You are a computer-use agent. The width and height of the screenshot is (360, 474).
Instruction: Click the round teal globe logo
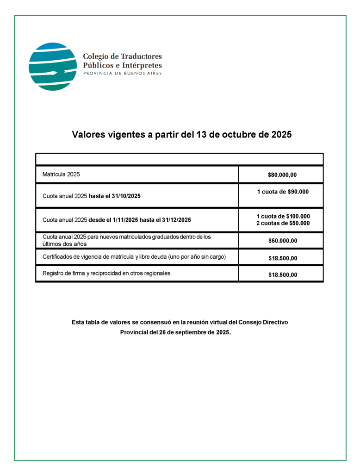tap(52, 67)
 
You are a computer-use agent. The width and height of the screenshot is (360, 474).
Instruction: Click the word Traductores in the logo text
tap(141, 56)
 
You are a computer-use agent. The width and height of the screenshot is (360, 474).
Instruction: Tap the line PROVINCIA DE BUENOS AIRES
tap(122, 73)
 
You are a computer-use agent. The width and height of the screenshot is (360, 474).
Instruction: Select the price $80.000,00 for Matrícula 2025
tap(282, 175)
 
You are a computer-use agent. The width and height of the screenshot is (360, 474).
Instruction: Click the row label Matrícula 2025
tap(61, 175)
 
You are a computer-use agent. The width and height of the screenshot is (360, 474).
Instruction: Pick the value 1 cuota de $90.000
tap(283, 192)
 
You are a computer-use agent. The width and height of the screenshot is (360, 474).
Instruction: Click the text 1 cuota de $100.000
tap(283, 216)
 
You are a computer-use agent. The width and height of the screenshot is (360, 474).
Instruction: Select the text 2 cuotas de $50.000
tap(283, 223)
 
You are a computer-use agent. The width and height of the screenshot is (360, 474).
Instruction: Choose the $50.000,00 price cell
tap(282, 241)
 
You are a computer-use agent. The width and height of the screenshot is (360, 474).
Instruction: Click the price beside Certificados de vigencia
tap(282, 258)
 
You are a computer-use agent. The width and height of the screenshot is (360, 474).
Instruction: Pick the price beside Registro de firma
tap(282, 275)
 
